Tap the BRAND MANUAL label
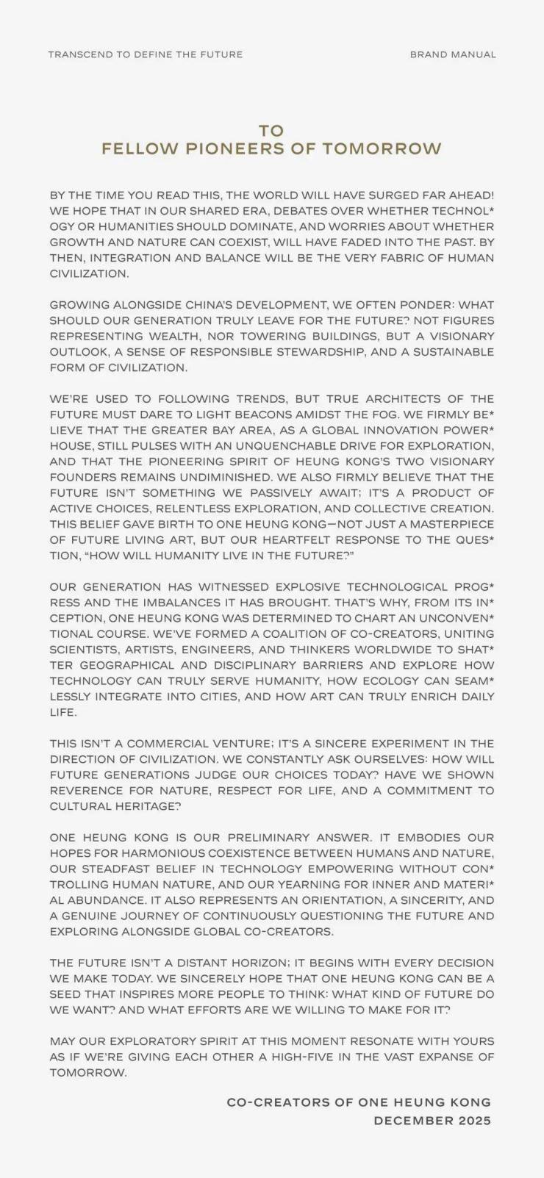[x=453, y=54]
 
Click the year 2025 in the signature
[x=474, y=1121]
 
